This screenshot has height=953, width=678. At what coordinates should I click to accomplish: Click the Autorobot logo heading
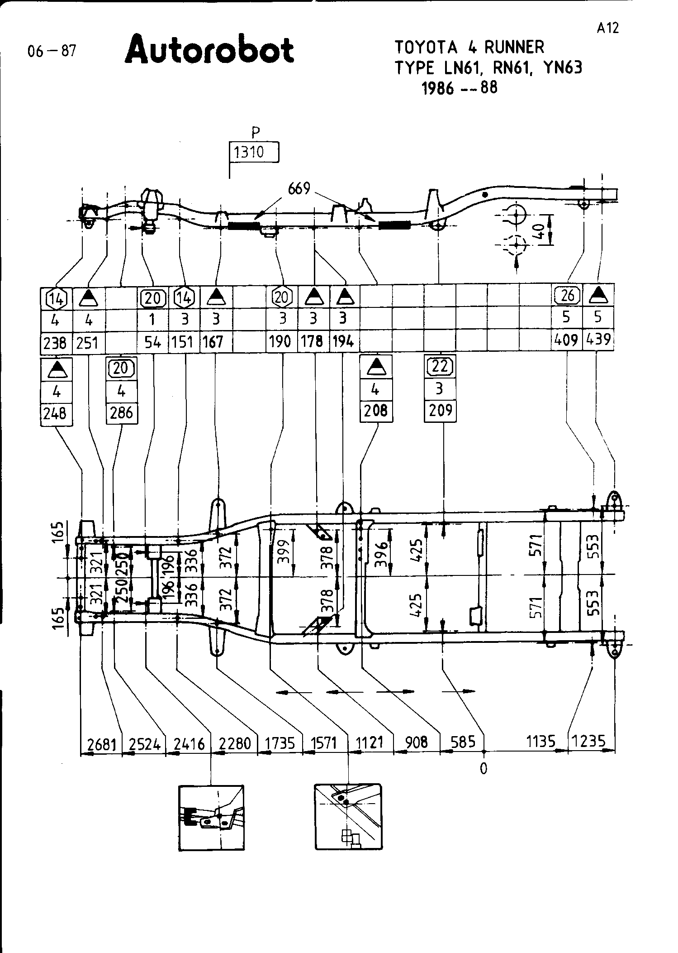click(x=209, y=50)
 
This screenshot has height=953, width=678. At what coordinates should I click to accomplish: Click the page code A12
click(x=607, y=28)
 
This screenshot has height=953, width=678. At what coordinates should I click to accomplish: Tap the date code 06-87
click(x=52, y=51)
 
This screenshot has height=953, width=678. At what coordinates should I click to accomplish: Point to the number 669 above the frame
click(x=299, y=188)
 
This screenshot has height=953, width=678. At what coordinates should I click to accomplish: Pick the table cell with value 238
click(x=55, y=343)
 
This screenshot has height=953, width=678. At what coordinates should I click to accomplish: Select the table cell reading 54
click(x=153, y=343)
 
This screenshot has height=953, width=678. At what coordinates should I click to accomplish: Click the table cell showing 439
click(x=598, y=340)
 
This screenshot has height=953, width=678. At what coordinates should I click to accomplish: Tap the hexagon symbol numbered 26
click(x=567, y=296)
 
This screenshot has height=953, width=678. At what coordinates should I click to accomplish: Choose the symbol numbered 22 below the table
click(x=440, y=366)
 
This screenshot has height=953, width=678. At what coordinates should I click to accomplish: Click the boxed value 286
click(x=121, y=412)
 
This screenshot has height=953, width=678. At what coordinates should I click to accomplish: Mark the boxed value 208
click(x=375, y=411)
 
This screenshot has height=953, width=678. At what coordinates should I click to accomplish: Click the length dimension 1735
click(x=280, y=744)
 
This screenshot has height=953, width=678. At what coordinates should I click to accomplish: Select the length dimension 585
click(x=463, y=742)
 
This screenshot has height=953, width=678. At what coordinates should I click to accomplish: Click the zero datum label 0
click(x=484, y=768)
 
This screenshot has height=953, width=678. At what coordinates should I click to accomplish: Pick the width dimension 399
click(x=283, y=551)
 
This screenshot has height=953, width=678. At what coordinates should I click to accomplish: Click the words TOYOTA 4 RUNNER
click(x=469, y=47)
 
